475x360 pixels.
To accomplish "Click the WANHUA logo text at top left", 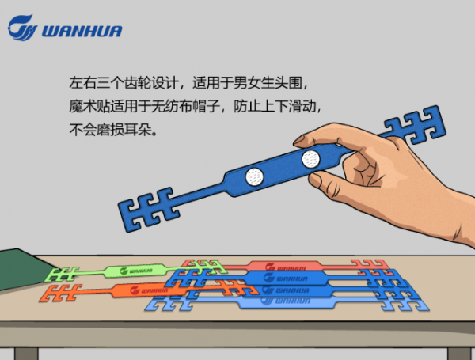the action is coord(82,31).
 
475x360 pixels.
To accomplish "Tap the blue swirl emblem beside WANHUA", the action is coord(22,28).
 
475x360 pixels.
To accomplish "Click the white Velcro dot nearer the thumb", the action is coord(310,159).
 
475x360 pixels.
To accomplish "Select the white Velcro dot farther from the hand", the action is coord(254,176).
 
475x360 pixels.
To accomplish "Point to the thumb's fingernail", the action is coord(302,140).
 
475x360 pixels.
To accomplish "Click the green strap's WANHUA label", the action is coord(136,271).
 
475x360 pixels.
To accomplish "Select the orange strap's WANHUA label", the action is coord(149,290).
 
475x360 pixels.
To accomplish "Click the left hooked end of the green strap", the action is coord(62,274).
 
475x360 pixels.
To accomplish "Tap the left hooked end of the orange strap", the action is coord(60,293).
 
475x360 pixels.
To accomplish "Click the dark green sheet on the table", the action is coord(23,268).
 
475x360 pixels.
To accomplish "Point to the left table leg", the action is coord(26,354).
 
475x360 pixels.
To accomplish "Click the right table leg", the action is coord(459,354).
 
